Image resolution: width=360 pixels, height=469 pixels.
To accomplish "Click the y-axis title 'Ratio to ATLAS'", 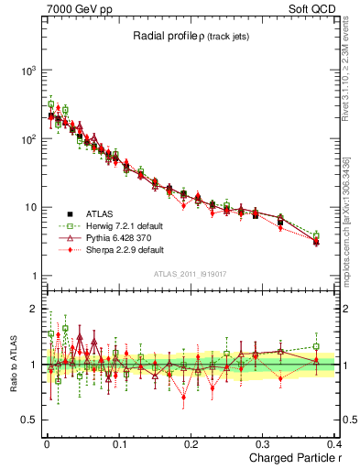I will pyautogui.click(x=11, y=365).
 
